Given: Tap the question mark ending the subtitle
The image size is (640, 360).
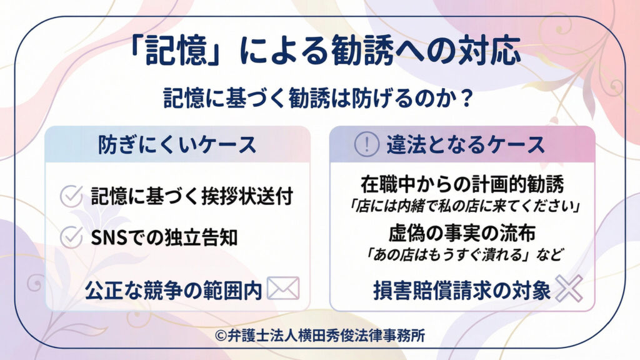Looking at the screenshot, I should click(x=464, y=100).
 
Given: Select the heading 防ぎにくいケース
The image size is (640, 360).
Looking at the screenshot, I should click(x=177, y=144).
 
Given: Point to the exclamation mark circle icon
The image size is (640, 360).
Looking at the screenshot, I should click(x=367, y=145).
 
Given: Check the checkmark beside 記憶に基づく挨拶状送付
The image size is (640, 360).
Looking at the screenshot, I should click(x=71, y=196).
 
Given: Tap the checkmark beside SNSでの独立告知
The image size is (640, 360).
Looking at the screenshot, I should click(x=71, y=237).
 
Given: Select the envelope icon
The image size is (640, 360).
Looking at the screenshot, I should click(x=283, y=288).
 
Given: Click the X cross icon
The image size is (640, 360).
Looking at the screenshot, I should click(x=568, y=288).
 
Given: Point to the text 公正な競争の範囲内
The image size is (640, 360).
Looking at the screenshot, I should click(x=173, y=289).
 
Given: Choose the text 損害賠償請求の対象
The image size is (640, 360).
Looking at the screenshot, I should click(x=462, y=289).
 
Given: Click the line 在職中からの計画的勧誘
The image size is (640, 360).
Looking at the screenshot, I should click(x=462, y=184).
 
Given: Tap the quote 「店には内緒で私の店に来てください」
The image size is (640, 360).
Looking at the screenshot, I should click(x=462, y=204).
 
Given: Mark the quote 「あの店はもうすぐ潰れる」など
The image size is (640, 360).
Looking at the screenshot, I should click(x=462, y=254).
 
